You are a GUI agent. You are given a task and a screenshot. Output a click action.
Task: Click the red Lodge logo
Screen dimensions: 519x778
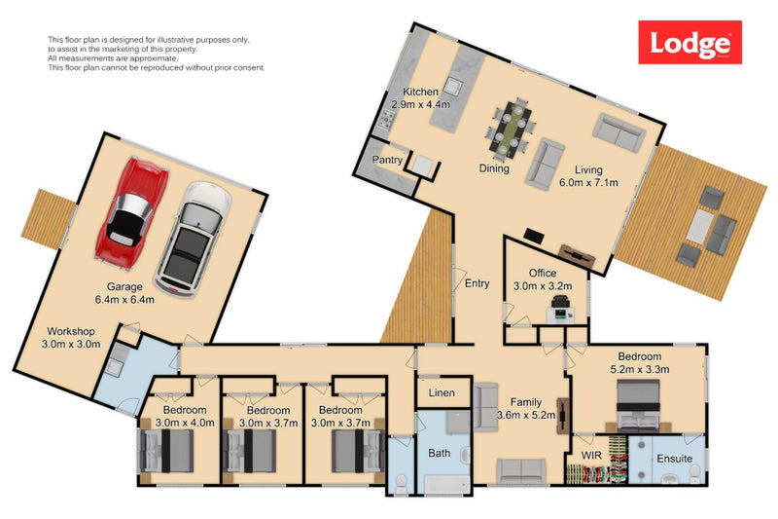pyautogui.click(x=690, y=44)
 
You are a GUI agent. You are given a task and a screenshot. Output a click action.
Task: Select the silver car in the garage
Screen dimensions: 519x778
pyautogui.click(x=193, y=234)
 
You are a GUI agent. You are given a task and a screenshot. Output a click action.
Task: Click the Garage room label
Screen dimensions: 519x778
pyautogui.click(x=125, y=286)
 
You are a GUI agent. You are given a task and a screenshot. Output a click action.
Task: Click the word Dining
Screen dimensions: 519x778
pyautogui.click(x=494, y=168)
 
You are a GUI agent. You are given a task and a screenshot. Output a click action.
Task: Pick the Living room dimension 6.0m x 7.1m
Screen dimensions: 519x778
pyautogui.click(x=588, y=181)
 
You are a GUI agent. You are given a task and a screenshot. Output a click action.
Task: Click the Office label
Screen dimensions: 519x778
pyautogui.click(x=542, y=274)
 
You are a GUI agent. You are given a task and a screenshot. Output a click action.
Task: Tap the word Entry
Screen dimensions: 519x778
pyautogui.click(x=477, y=284)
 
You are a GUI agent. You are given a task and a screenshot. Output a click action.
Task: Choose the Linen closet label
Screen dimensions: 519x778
pyautogui.click(x=442, y=393)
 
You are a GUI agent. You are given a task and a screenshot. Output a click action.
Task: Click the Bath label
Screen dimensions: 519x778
pyautogui.click(x=440, y=453)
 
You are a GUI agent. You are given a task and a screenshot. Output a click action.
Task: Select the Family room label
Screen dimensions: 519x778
pyautogui.click(x=526, y=401)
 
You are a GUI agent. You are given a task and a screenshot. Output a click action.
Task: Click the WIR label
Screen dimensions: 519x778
pyautogui.click(x=593, y=455)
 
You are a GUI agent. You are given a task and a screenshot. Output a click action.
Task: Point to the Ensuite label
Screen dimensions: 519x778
pyautogui.click(x=675, y=457)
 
